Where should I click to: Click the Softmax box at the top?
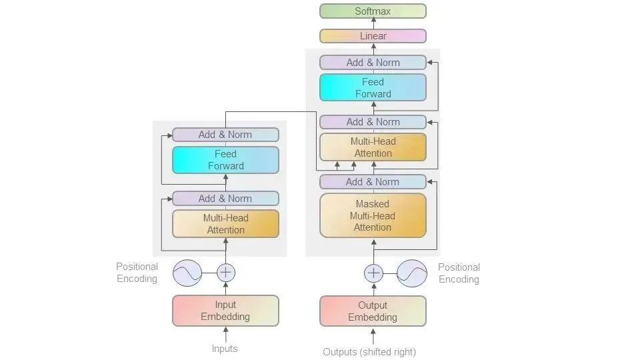(x=373, y=11)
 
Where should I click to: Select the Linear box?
(x=373, y=36)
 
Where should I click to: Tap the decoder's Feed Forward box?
(x=373, y=87)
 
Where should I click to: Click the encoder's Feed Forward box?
(x=225, y=160)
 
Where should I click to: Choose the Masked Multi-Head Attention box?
(x=373, y=215)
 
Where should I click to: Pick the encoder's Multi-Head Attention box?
(x=225, y=224)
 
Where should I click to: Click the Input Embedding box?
(x=225, y=311)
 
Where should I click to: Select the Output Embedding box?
(x=373, y=311)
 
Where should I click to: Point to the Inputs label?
(x=225, y=349)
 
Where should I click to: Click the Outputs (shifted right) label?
(x=369, y=351)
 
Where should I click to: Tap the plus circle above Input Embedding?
(x=226, y=272)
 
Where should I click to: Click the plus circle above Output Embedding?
(x=374, y=273)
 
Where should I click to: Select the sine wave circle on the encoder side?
(x=187, y=272)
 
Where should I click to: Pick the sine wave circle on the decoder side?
(x=412, y=273)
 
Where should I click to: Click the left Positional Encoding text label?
(x=137, y=273)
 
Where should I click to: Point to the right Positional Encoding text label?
(x=459, y=273)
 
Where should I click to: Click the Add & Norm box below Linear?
(x=373, y=63)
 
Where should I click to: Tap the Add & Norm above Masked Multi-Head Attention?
(x=373, y=182)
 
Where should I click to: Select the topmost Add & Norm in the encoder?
(x=225, y=135)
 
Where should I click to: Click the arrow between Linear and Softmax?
(x=373, y=23)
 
